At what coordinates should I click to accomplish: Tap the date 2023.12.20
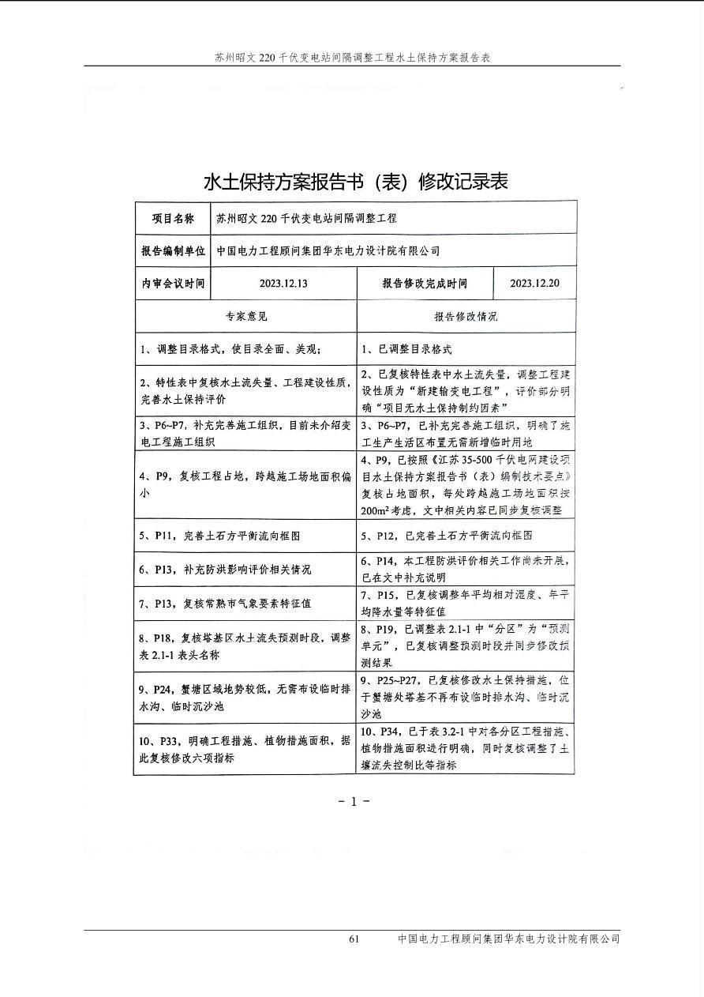click(534, 283)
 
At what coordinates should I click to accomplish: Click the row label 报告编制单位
click(173, 250)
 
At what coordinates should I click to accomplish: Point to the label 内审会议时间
click(173, 283)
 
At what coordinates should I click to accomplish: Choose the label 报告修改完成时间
click(425, 283)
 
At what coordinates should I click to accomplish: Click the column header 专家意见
click(246, 316)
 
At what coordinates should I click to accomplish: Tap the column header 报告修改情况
click(466, 316)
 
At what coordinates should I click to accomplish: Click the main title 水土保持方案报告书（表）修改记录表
click(355, 182)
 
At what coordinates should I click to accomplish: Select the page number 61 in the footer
click(354, 939)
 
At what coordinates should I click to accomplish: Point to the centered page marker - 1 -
click(354, 801)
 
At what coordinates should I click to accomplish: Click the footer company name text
click(508, 939)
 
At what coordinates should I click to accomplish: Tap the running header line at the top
click(353, 58)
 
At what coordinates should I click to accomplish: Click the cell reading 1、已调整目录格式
click(407, 348)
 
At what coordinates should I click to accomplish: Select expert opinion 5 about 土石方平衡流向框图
click(220, 536)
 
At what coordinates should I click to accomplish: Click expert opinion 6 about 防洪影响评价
click(226, 569)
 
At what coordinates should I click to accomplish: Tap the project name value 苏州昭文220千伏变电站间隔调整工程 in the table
click(306, 218)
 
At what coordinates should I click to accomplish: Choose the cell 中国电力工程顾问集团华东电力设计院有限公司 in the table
click(328, 250)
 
